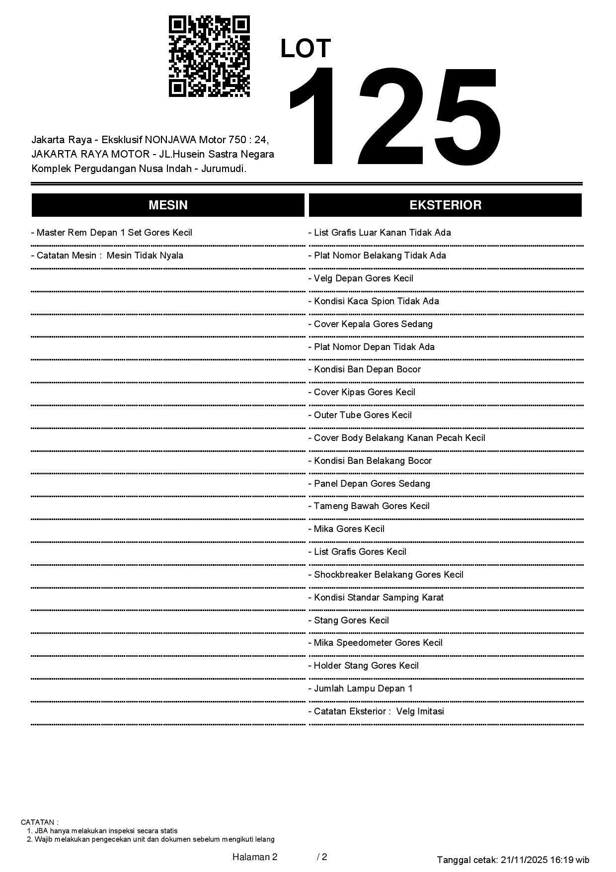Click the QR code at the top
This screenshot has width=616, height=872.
(x=209, y=56)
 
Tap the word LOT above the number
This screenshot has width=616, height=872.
(x=306, y=49)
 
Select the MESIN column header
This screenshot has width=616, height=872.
(x=168, y=205)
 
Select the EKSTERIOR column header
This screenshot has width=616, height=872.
(x=445, y=205)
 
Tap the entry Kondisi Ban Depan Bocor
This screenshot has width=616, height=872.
(x=367, y=369)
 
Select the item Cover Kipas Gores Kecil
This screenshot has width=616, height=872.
(x=364, y=392)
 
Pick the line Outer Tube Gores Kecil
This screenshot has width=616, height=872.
(x=363, y=415)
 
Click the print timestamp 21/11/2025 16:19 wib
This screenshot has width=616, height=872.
(x=545, y=860)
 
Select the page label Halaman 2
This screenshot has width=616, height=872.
(x=254, y=857)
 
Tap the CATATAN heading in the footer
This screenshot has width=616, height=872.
(x=39, y=822)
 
